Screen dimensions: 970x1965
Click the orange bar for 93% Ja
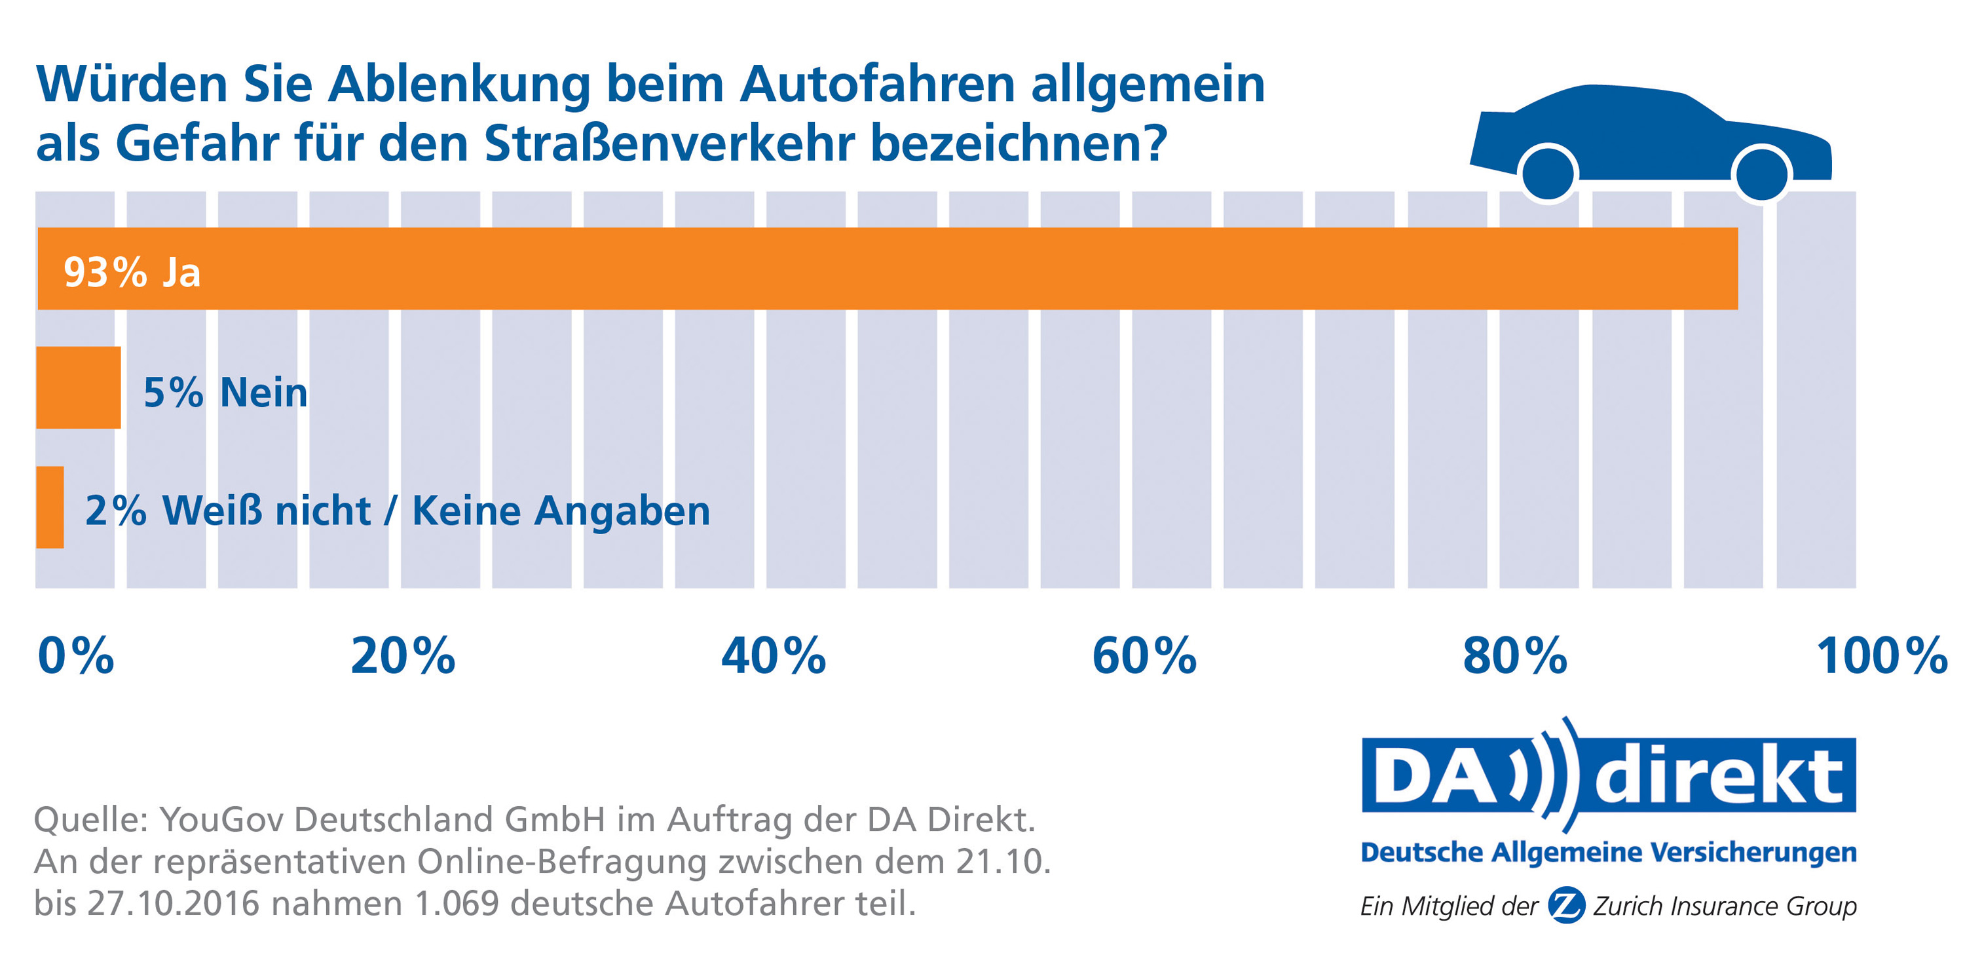coord(916,269)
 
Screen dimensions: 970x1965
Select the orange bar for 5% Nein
coord(79,388)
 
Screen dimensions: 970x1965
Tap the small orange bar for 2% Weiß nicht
coord(50,507)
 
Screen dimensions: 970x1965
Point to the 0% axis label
coord(75,655)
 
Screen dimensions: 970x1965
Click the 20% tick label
coord(403,655)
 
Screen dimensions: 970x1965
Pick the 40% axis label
coord(774,655)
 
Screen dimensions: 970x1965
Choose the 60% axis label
coord(1144,655)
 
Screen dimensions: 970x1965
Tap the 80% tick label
coord(1515,655)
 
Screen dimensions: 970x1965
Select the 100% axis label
coord(1882,655)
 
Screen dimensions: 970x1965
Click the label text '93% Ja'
coord(132,273)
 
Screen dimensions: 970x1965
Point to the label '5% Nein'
coord(226,393)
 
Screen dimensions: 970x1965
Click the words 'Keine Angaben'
coord(561,511)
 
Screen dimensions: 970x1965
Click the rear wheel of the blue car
coord(1548,174)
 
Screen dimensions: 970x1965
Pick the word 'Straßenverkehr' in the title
coord(669,144)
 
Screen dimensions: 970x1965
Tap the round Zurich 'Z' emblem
coord(1567,906)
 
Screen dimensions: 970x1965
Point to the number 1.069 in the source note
coord(456,904)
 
